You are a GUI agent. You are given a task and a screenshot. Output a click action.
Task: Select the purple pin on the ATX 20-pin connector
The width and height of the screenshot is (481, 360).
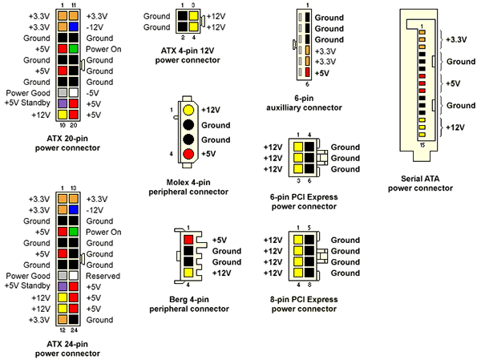[x=62, y=103]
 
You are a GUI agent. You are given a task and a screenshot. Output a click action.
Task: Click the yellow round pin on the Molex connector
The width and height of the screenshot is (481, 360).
[x=188, y=110]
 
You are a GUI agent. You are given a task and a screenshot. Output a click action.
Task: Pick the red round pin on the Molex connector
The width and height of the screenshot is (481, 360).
[x=188, y=154]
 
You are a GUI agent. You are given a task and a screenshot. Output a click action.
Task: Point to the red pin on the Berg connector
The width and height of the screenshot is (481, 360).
[x=188, y=240]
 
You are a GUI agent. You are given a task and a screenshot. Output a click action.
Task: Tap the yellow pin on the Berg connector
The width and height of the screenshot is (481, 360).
[x=188, y=273]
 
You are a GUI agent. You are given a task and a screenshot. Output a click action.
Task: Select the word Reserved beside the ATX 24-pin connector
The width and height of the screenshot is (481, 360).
[x=103, y=276]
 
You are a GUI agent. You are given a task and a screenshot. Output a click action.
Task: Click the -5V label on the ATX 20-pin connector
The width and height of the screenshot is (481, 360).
[x=93, y=92]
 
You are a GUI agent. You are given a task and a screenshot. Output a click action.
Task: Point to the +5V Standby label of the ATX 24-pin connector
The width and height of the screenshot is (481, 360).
[x=26, y=286]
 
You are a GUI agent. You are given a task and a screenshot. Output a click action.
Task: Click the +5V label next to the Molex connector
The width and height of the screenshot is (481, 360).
[x=212, y=154]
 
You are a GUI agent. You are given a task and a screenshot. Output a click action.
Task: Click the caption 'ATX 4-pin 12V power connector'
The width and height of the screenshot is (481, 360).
[x=186, y=55]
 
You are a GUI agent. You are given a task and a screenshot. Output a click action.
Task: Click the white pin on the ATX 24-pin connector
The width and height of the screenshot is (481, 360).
[x=74, y=275]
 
